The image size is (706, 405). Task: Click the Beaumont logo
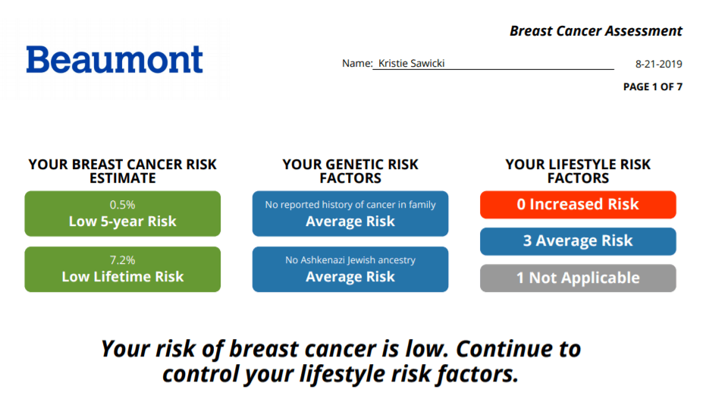[115, 59]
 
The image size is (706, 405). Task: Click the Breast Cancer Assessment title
[596, 31]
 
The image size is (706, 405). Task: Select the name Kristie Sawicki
[412, 64]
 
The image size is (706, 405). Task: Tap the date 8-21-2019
[659, 64]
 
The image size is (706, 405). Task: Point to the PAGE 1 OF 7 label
[652, 86]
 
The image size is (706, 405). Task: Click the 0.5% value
[123, 205]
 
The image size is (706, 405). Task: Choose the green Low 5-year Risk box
[123, 214]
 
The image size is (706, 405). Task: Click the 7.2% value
[123, 260]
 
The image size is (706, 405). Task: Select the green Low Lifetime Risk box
[123, 269]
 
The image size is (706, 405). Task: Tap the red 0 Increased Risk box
[578, 205]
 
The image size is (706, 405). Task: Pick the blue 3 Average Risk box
[578, 241]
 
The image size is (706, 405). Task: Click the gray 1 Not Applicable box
[578, 278]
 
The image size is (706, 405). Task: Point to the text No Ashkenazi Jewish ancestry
[350, 260]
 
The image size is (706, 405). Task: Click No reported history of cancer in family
[350, 205]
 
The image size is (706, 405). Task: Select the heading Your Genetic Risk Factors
[350, 171]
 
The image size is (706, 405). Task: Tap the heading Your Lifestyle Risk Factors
[578, 171]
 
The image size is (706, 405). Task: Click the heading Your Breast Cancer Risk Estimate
[123, 171]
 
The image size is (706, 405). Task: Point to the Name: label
[357, 64]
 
